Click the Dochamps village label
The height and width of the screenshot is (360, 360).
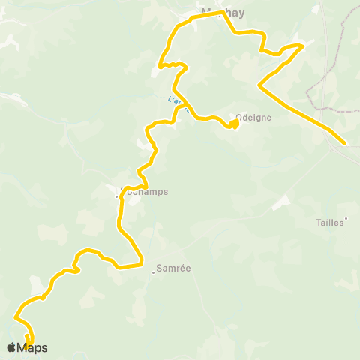click(145, 191)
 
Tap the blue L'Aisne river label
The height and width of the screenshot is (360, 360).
click(175, 99)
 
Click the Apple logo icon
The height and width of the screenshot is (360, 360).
click(11, 347)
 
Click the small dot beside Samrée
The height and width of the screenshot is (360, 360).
click(154, 272)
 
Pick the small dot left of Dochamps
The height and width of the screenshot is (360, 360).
click(117, 196)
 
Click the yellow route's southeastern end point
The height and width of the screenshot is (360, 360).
click(344, 143)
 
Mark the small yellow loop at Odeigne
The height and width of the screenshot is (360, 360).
click(235, 124)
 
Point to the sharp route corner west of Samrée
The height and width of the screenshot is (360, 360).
click(142, 263)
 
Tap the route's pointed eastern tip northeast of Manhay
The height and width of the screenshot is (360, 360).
click(303, 46)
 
